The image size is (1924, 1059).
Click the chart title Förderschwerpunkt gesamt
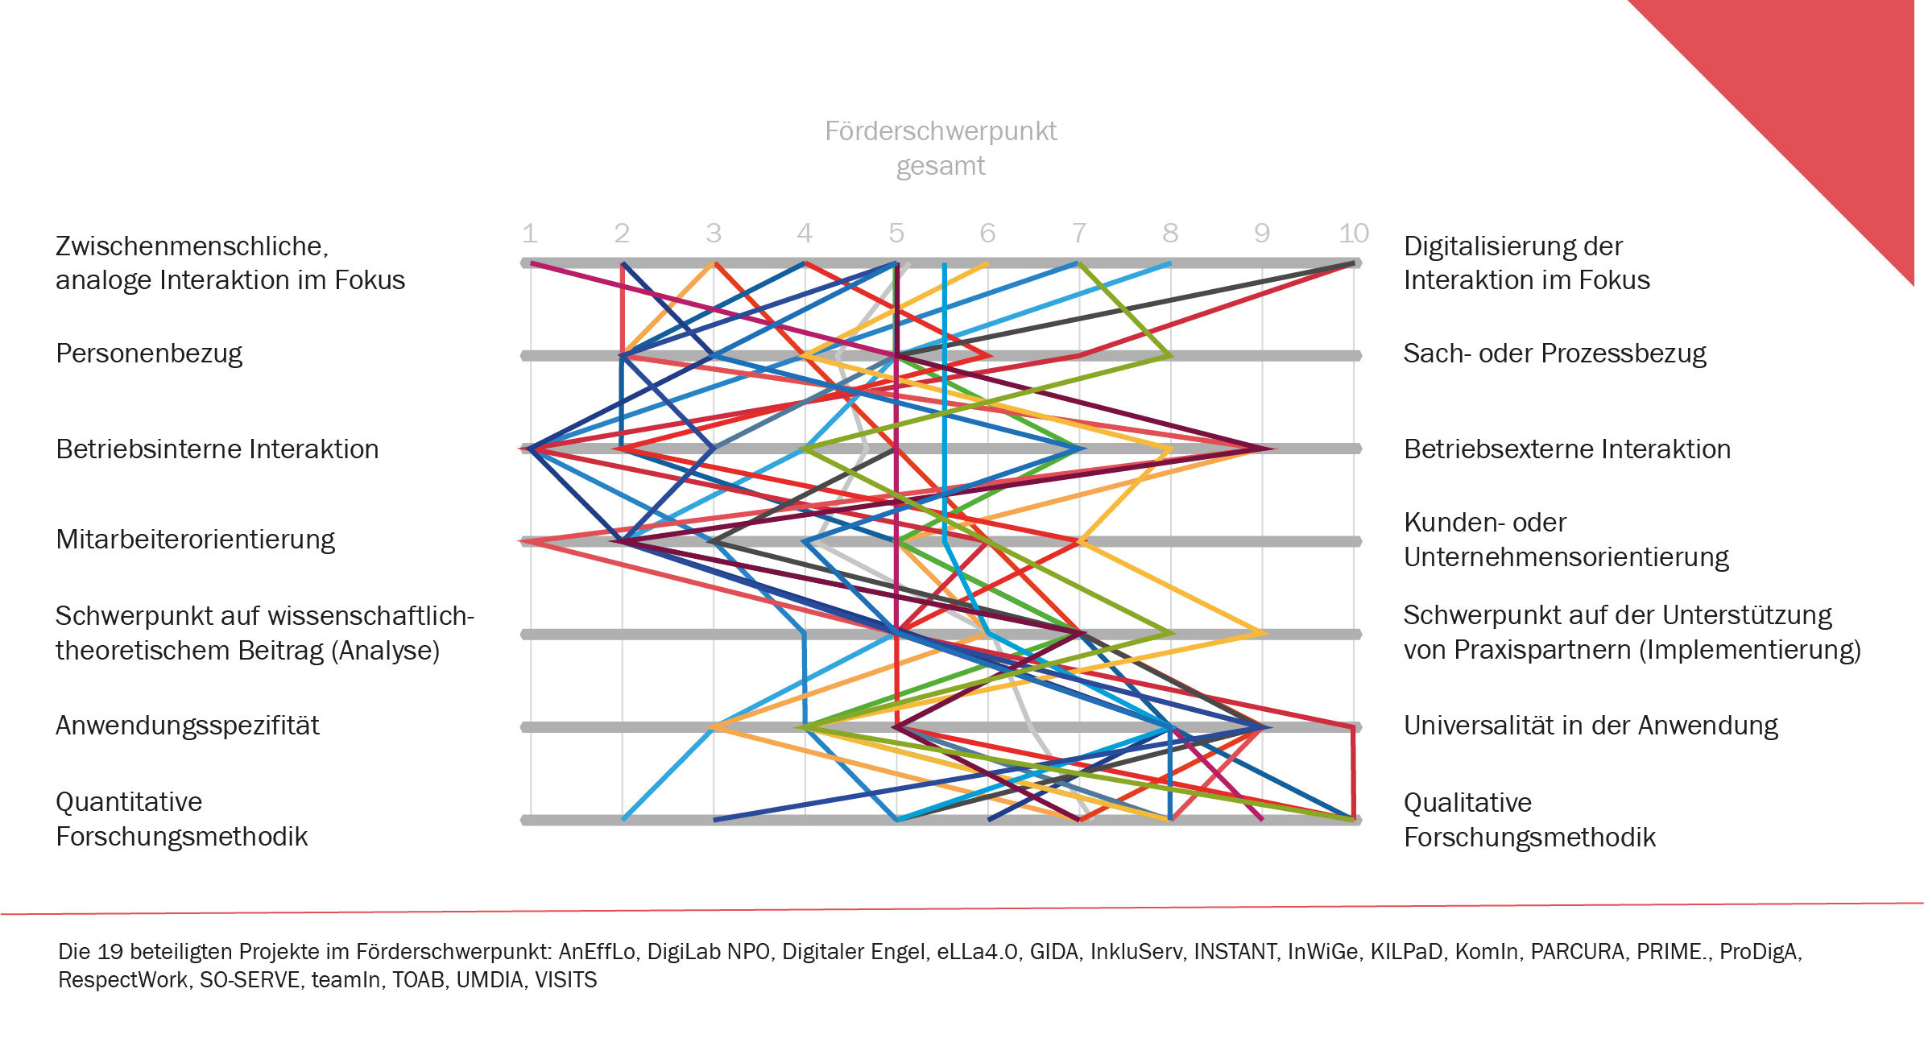pyautogui.click(x=940, y=148)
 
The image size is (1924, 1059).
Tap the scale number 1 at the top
pyautogui.click(x=529, y=234)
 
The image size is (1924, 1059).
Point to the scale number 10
pyautogui.click(x=1353, y=234)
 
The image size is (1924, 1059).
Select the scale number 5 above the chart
pyautogui.click(x=896, y=234)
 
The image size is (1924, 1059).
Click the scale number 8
pyautogui.click(x=1170, y=234)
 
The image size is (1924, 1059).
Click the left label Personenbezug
pyautogui.click(x=149, y=354)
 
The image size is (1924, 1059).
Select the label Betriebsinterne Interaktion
pyautogui.click(x=217, y=449)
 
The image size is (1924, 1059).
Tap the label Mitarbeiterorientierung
pyautogui.click(x=195, y=540)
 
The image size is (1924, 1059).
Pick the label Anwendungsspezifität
pyautogui.click(x=187, y=726)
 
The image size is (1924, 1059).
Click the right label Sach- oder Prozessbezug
pyautogui.click(x=1554, y=354)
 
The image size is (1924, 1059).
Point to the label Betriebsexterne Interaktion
pyautogui.click(x=1566, y=449)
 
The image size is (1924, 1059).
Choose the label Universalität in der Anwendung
pyautogui.click(x=1591, y=726)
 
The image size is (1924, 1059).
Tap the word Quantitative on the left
pyautogui.click(x=129, y=802)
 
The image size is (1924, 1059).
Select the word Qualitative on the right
pyautogui.click(x=1467, y=803)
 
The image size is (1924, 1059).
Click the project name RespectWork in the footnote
pyautogui.click(x=122, y=980)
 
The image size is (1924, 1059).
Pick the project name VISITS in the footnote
pyautogui.click(x=566, y=980)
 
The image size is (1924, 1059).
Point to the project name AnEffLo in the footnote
pyautogui.click(x=597, y=952)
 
